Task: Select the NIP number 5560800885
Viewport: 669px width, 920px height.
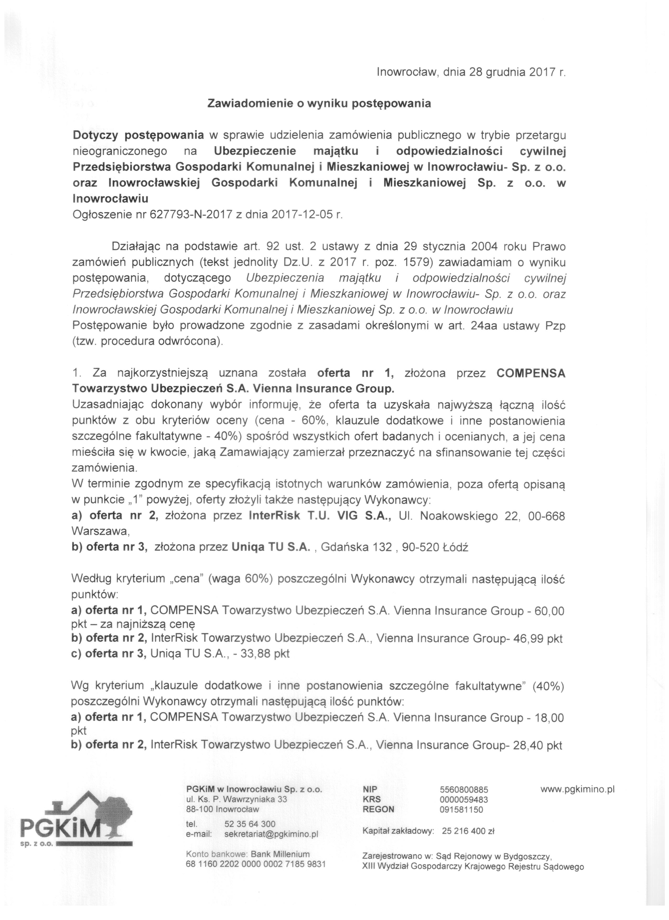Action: point(464,789)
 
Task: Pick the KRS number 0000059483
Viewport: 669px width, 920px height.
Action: point(464,799)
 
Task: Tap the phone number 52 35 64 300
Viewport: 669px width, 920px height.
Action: point(250,824)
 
